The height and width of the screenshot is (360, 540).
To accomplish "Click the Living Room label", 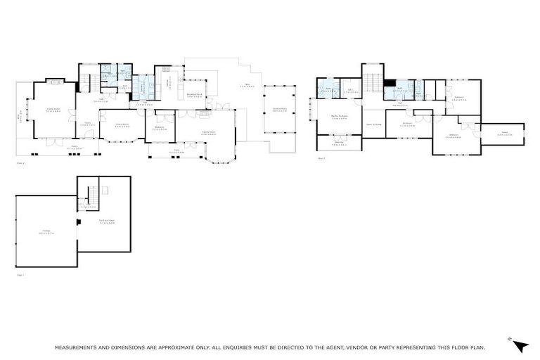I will pyautogui.click(x=53, y=110).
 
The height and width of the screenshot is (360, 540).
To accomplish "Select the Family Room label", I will pyautogui.click(x=208, y=133).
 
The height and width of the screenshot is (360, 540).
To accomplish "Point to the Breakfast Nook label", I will pyautogui.click(x=195, y=95).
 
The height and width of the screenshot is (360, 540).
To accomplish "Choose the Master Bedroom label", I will pyautogui.click(x=338, y=117).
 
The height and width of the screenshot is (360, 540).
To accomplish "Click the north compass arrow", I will pyautogui.click(x=520, y=345).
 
